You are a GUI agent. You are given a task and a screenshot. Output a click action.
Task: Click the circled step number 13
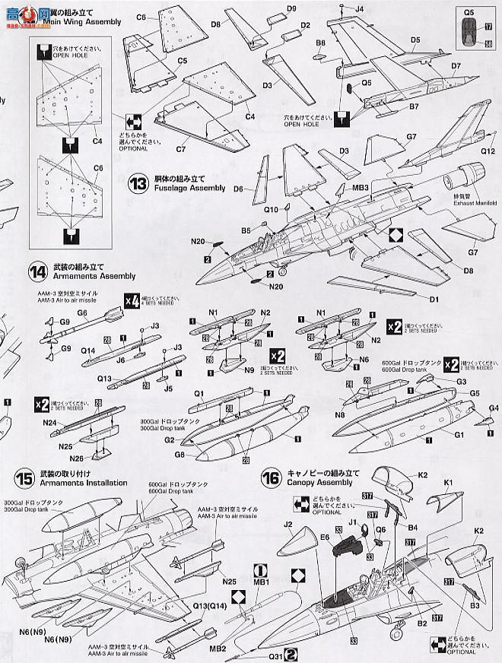pos(139,182)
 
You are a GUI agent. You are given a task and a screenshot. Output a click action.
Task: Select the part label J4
pos(361,8)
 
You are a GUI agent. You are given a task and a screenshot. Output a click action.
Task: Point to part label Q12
pos(488,151)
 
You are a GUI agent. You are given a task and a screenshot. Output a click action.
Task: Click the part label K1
pos(447,482)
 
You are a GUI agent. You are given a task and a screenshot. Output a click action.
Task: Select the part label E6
pos(325,538)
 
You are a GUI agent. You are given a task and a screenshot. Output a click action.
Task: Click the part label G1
pos(459,434)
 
